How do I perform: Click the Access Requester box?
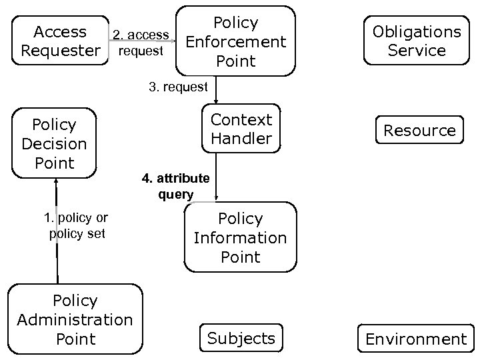61,41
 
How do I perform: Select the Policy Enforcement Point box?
236,41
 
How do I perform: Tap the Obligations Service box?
417,41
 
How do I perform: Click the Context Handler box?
241,129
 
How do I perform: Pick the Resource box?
419,131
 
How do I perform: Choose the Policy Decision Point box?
55,143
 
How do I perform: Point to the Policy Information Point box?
240,237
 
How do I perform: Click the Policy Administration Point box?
75,319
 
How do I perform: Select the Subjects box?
241,338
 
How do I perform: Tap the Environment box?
416,339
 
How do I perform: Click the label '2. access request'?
141,43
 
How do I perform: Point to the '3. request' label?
178,87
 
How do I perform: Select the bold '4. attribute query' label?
175,187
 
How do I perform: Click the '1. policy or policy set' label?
76,225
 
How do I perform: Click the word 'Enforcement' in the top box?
236,42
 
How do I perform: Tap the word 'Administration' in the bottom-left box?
75,320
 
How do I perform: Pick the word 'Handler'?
241,139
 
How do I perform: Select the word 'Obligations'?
417,31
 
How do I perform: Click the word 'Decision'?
55,144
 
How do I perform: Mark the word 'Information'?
240,238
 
